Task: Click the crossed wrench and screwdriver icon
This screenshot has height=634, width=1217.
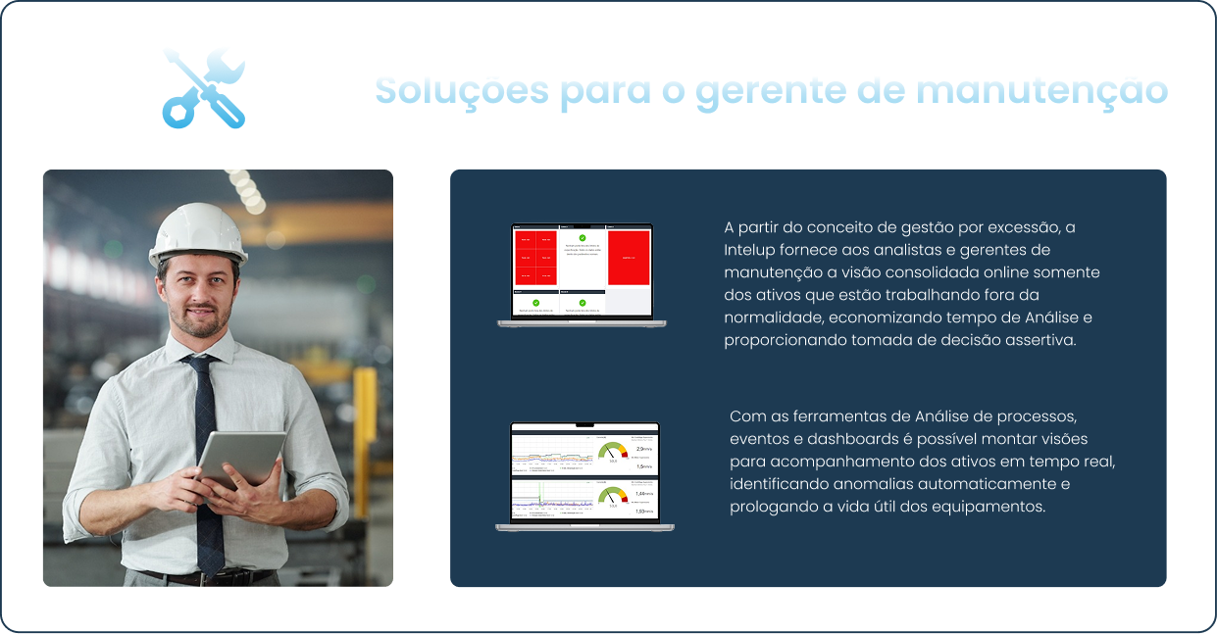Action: (x=204, y=87)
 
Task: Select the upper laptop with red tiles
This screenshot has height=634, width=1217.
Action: (x=582, y=275)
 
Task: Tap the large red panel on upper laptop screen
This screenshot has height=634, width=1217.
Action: (x=630, y=258)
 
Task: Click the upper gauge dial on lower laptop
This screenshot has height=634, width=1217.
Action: (x=613, y=453)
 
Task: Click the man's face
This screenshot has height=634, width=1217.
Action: (x=198, y=292)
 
